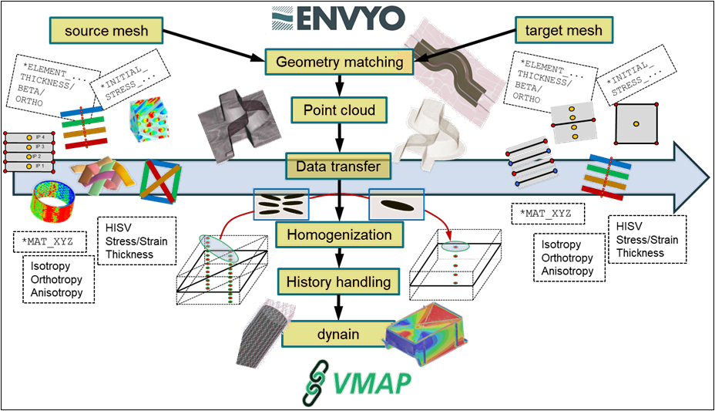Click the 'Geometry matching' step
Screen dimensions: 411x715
(x=338, y=62)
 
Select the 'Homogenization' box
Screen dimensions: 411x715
(x=339, y=234)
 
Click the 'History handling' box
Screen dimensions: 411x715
(x=338, y=283)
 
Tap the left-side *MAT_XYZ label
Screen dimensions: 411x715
(x=49, y=241)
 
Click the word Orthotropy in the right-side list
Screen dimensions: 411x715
(x=567, y=258)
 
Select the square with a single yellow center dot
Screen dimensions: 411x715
(x=635, y=123)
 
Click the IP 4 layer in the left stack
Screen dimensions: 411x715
(x=30, y=137)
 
